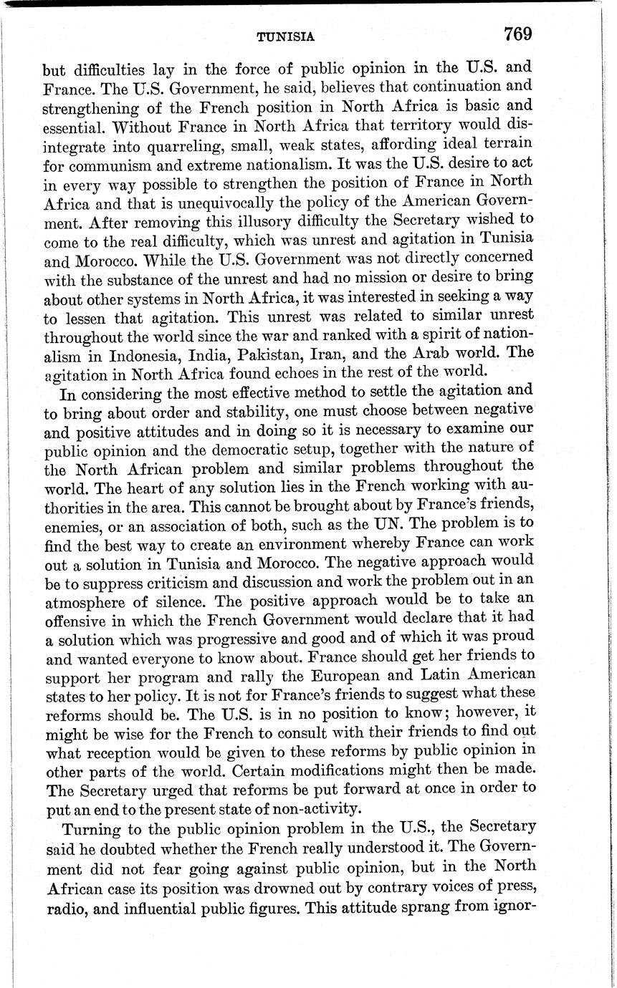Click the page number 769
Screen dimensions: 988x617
[x=517, y=34]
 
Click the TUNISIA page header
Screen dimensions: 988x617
[x=285, y=37]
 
